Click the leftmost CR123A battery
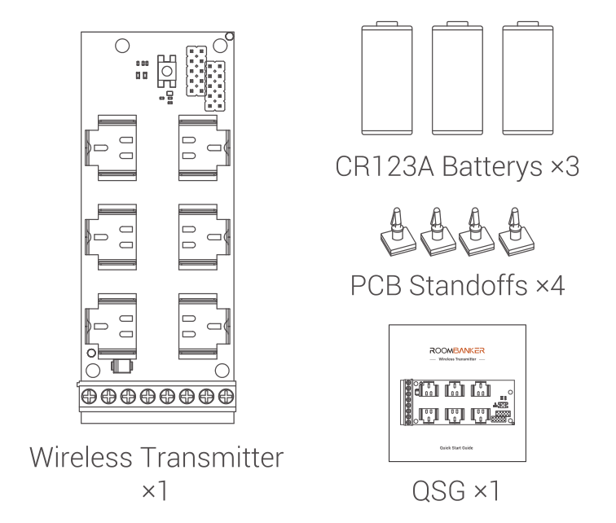click(x=387, y=78)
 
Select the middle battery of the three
click(x=457, y=78)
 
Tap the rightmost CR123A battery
click(x=528, y=78)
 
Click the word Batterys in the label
click(x=492, y=166)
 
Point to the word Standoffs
click(x=469, y=285)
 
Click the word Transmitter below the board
click(x=212, y=458)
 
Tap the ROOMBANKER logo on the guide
click(x=457, y=350)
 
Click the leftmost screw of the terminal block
click(x=89, y=396)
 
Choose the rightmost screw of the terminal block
click(x=226, y=396)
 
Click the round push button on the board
click(x=167, y=71)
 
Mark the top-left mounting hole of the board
click(x=122, y=46)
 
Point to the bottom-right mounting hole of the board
click(x=222, y=371)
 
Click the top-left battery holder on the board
click(x=111, y=148)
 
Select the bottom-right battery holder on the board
click(x=205, y=327)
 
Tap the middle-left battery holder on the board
click(x=111, y=237)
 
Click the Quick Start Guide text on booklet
click(x=456, y=448)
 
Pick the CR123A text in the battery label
click(x=385, y=166)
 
